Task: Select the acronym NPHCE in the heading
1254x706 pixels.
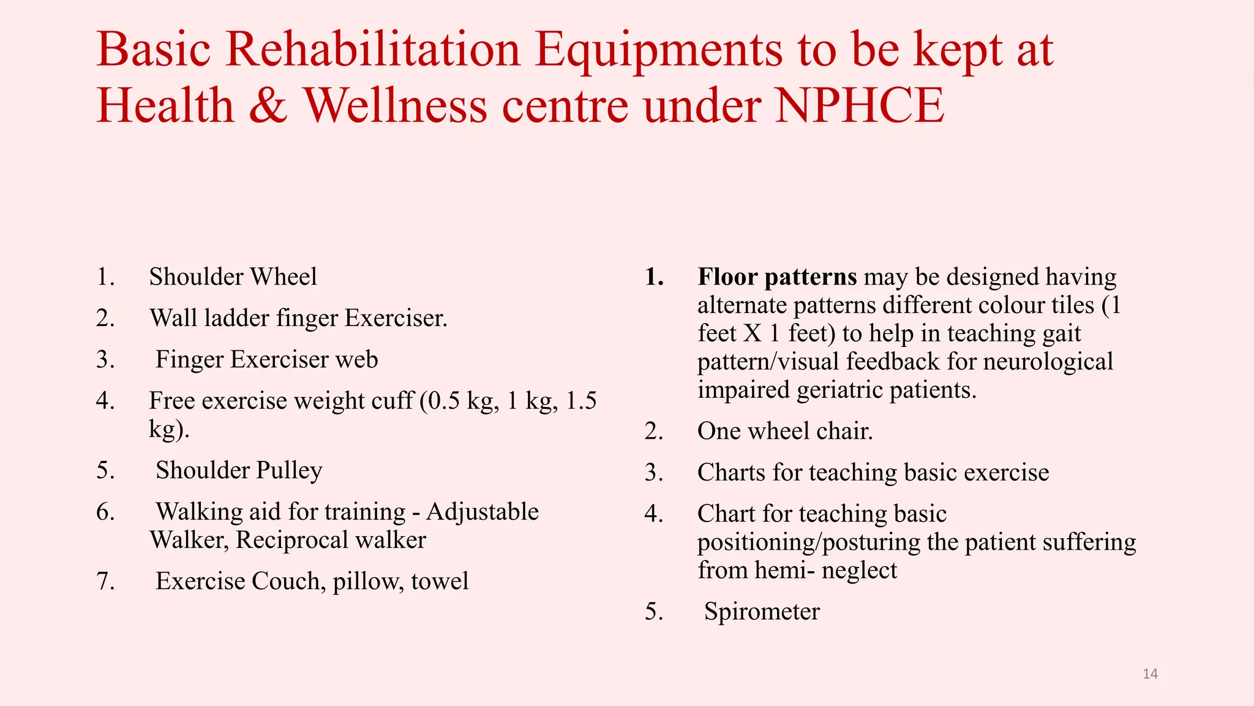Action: click(x=859, y=105)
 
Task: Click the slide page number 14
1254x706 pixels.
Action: click(x=1150, y=674)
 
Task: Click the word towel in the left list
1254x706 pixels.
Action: click(x=440, y=581)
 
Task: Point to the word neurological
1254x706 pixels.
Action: click(x=1048, y=362)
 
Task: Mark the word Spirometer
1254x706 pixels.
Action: click(x=762, y=612)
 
